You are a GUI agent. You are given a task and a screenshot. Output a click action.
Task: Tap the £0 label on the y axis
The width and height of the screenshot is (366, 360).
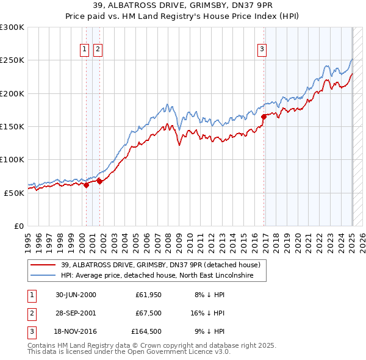tap(20, 226)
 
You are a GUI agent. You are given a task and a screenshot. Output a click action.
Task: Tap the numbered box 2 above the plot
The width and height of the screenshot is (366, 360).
tap(98, 50)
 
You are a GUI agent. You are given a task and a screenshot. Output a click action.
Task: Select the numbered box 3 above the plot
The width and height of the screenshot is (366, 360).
tap(262, 50)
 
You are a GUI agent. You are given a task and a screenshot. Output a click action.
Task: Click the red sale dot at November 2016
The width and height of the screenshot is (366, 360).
tap(264, 117)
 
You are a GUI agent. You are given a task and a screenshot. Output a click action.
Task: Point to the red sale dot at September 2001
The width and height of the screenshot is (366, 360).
tap(100, 181)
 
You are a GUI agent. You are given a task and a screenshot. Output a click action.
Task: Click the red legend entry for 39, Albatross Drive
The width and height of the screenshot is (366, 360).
tap(161, 265)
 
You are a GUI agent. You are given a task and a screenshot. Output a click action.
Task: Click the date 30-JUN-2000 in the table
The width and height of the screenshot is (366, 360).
tap(76, 295)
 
